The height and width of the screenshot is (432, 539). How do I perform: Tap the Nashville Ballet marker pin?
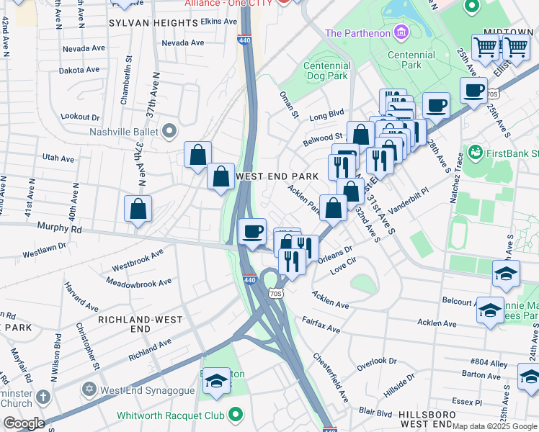click(169, 132)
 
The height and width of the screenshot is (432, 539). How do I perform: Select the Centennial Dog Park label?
click(327, 71)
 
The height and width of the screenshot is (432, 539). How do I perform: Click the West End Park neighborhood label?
click(277, 176)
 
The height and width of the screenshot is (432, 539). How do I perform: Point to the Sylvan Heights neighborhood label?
click(153, 23)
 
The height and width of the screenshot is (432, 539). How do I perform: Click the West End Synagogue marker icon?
click(90, 390)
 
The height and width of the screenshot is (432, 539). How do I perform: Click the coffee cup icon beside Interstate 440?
click(252, 232)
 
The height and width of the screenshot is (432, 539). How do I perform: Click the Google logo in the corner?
click(23, 423)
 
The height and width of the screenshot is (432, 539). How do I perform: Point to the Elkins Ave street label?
click(219, 22)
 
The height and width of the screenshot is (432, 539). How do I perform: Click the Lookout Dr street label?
click(80, 117)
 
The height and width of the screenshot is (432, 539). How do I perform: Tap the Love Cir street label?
click(343, 269)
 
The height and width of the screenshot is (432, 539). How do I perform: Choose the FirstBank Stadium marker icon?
click(475, 153)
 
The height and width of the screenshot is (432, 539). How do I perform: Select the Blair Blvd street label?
click(375, 413)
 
